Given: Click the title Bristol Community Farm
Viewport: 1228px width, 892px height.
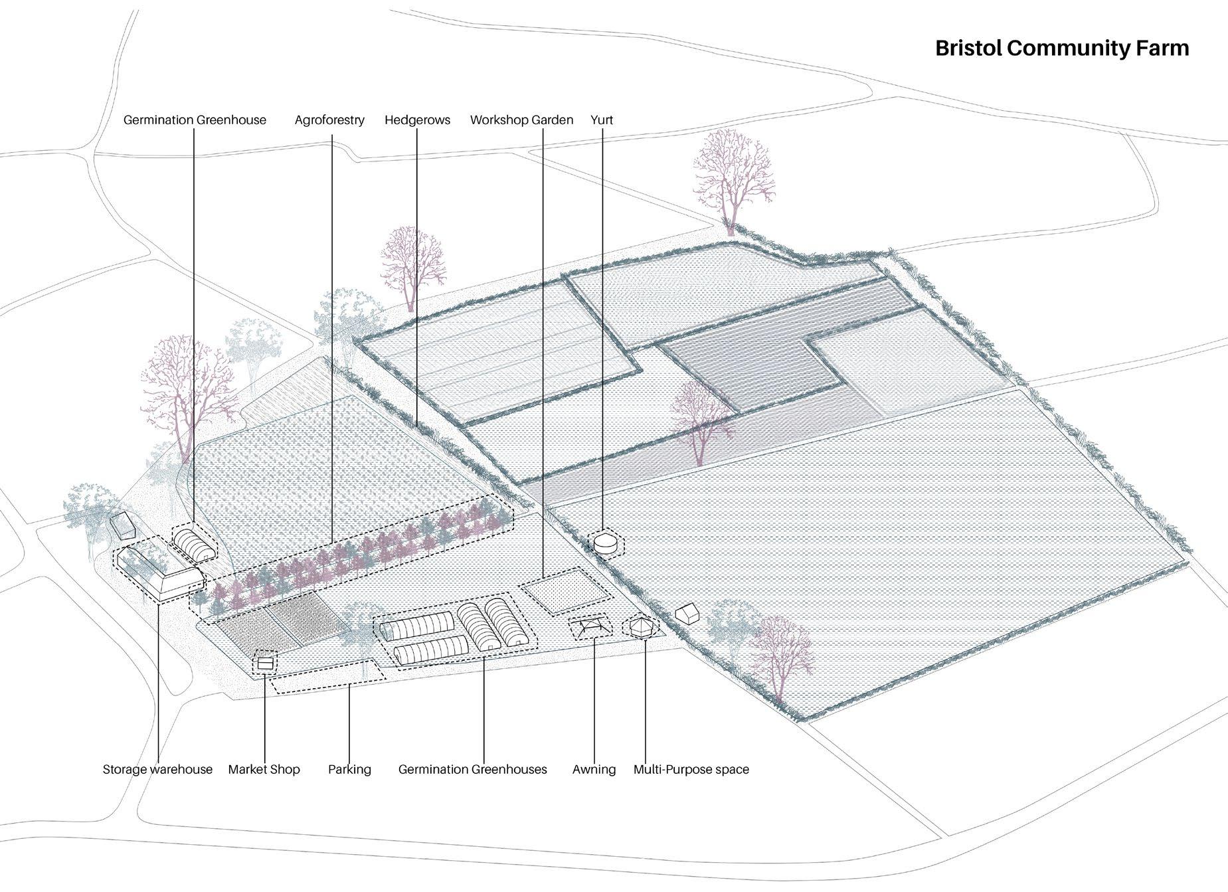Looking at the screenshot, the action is [x=1061, y=48].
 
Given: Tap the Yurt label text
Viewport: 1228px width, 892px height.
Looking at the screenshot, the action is [x=601, y=120].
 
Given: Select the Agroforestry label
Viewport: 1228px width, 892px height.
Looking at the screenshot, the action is [x=329, y=120].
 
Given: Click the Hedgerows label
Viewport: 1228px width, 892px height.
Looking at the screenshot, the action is [x=417, y=120].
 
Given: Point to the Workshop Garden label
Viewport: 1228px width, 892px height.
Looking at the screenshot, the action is [x=521, y=120].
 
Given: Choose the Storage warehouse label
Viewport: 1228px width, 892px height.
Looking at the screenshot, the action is [x=157, y=769].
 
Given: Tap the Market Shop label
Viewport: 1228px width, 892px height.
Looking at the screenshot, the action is [x=264, y=769].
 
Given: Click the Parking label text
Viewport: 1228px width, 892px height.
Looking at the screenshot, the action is [x=349, y=769].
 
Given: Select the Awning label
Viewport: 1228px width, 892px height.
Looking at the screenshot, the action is [x=594, y=769].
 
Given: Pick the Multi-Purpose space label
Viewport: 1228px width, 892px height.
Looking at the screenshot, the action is [x=691, y=769].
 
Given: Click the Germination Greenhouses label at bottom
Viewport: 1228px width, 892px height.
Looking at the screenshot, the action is [x=472, y=769].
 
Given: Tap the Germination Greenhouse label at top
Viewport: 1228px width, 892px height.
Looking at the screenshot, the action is [x=195, y=120].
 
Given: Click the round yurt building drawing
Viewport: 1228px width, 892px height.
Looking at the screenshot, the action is [x=605, y=543].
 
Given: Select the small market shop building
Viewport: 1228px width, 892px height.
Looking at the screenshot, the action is [x=266, y=663].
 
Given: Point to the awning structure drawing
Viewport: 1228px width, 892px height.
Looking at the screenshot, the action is [x=590, y=626].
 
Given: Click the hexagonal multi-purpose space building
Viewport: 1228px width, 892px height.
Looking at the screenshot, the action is [x=640, y=627].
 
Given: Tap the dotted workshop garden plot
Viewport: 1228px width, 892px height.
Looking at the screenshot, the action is [x=565, y=591].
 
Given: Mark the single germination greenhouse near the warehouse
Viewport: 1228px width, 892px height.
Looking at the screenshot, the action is [x=195, y=545].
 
